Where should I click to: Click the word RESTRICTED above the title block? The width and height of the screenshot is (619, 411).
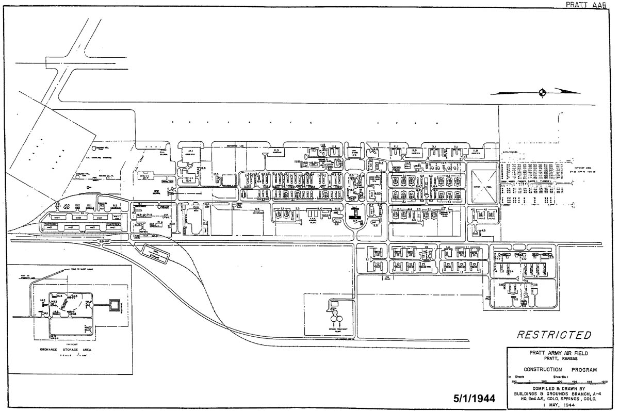point(554,335)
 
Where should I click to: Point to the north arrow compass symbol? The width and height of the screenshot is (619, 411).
point(542,93)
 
